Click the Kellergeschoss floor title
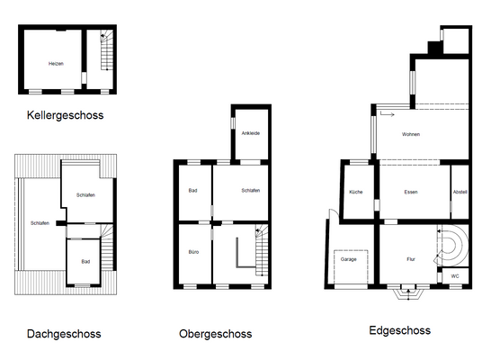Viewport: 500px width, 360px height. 65,115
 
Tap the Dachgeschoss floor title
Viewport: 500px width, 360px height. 64,334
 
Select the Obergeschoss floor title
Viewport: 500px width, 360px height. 216,334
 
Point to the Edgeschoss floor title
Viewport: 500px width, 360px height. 400,330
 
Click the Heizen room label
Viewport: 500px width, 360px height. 56,64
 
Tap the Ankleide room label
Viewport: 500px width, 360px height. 251,133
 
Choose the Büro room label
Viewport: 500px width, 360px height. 193,252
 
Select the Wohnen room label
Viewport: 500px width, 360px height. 411,134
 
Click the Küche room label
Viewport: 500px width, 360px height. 356,192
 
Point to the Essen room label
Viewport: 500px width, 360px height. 411,192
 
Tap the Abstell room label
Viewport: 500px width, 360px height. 460,192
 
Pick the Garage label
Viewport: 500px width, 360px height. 349,259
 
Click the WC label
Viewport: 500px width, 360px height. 455,276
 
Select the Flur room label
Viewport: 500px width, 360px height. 411,259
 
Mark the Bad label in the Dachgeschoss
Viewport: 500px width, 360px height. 85,261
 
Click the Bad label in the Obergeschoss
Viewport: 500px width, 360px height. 192,191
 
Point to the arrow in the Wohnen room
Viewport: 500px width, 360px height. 387,114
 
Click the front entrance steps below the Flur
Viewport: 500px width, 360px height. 408,294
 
